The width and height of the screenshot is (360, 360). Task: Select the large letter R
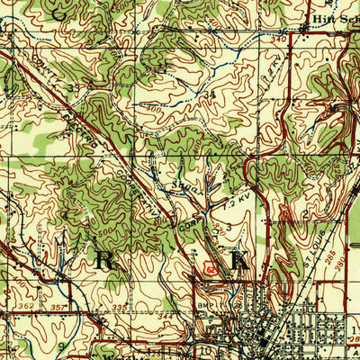102,260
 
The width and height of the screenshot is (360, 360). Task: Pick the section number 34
211,94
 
